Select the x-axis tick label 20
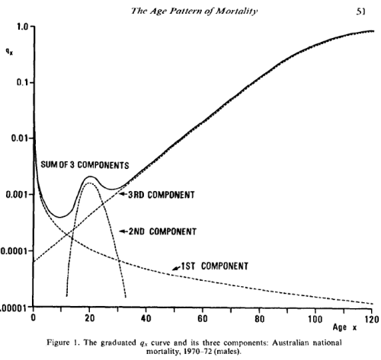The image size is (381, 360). tap(90, 318)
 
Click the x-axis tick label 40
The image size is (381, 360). tap(146, 318)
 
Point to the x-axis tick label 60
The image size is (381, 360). tap(203, 318)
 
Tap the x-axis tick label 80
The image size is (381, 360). tap(260, 318)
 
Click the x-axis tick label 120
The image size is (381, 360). tap(371, 318)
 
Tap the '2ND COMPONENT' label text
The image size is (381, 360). tap(160, 231)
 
